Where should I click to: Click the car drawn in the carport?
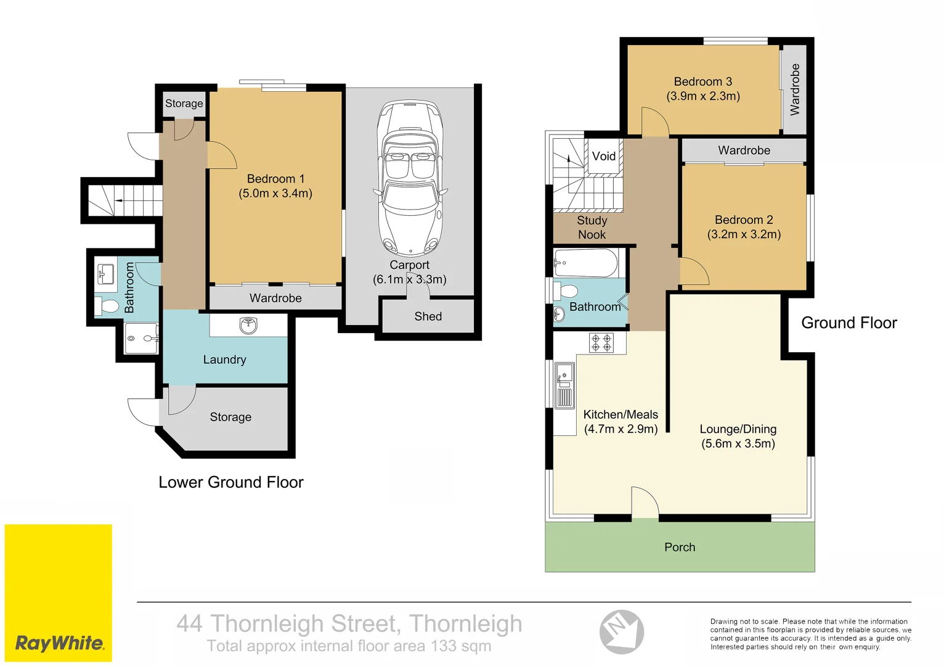click(410, 179)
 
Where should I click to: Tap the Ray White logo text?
click(60, 643)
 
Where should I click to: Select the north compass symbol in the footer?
click(621, 631)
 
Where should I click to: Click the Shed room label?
click(428, 316)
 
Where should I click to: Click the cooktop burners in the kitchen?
click(601, 343)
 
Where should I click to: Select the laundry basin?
click(248, 325)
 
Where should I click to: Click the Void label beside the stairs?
click(603, 156)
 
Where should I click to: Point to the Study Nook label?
click(592, 228)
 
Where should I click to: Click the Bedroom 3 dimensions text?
click(703, 96)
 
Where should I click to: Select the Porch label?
click(680, 547)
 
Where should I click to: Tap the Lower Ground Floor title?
click(231, 482)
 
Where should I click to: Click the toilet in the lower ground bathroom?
click(108, 306)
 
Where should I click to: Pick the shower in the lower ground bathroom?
click(140, 339)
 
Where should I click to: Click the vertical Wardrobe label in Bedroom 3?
click(795, 89)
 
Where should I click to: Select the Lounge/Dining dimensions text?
click(738, 443)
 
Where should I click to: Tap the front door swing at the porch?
click(645, 503)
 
